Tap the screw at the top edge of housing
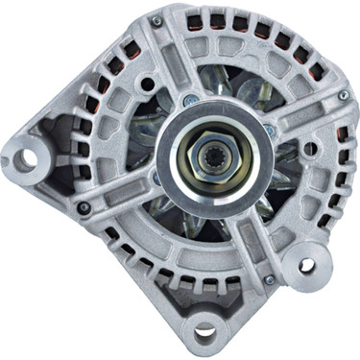156,19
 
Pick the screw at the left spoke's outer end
85,205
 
